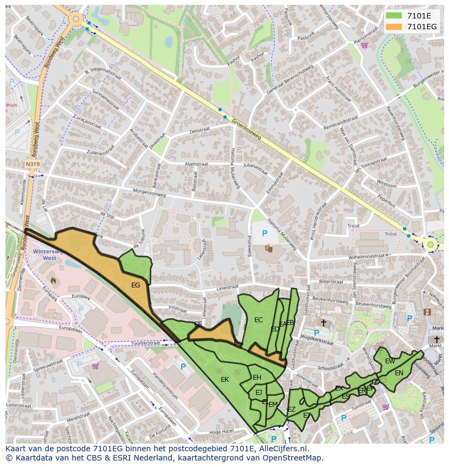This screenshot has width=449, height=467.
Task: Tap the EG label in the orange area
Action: (x=136, y=285)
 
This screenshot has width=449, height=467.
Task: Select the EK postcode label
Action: (x=224, y=380)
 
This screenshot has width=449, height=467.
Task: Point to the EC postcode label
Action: (x=258, y=320)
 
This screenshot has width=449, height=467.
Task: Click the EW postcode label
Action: (x=390, y=361)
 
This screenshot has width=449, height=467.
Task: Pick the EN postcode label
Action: (x=399, y=373)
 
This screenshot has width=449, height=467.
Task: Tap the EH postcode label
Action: (x=257, y=378)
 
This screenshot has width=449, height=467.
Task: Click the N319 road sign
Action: (x=33, y=163)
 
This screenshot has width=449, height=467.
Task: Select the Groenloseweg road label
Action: (x=247, y=129)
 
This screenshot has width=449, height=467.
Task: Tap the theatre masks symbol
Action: (x=268, y=248)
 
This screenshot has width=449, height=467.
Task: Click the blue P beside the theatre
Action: (x=265, y=234)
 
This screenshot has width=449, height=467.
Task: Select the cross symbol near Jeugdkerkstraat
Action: (x=324, y=323)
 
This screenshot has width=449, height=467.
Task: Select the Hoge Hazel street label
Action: (x=221, y=432)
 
